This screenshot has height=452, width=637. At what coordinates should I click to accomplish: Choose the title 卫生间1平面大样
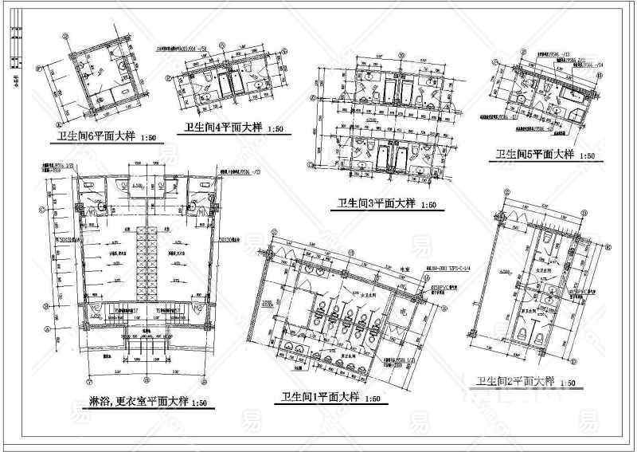(315, 397)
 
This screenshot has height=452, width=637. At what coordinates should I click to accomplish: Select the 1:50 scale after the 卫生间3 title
(428, 206)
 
